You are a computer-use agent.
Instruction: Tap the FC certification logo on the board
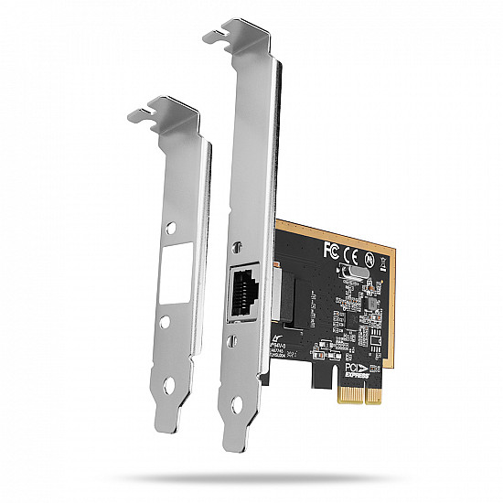click(333, 248)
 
